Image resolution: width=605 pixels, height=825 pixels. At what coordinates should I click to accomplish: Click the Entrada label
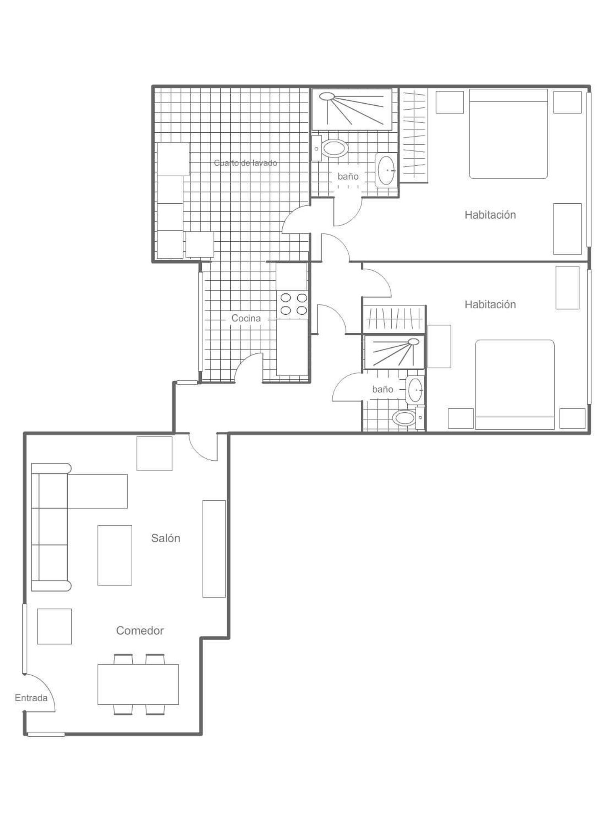point(31,698)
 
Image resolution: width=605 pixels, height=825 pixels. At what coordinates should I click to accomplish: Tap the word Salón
point(166,538)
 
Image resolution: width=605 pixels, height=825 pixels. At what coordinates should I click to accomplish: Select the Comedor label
point(140,631)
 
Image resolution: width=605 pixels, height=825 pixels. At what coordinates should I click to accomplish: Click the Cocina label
point(246,318)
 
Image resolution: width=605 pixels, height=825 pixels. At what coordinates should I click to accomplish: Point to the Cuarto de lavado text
point(246,163)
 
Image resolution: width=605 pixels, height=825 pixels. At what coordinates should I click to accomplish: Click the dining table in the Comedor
point(138,684)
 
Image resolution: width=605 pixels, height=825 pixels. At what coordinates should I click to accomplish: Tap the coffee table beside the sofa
point(115,555)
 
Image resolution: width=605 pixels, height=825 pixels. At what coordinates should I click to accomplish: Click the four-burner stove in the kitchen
point(294,304)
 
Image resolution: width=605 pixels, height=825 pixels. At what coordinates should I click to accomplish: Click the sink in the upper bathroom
point(386,171)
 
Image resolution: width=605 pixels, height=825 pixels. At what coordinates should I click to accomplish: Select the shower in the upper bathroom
point(352,109)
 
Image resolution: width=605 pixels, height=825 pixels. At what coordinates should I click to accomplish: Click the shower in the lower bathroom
point(394,352)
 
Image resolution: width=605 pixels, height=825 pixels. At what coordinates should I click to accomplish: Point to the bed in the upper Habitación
point(508,134)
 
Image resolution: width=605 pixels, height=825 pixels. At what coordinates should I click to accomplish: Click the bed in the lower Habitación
point(515,384)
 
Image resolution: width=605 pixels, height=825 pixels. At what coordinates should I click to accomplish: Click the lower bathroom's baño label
point(383,389)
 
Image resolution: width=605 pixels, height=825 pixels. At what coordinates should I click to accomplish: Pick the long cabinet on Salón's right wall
point(214,549)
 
